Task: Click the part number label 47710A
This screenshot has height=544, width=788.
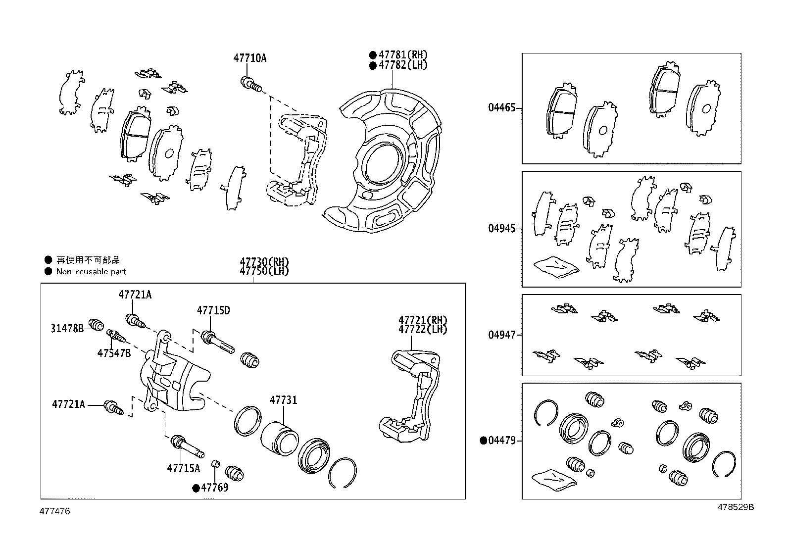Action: (249, 58)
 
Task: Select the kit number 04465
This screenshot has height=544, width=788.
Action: (501, 108)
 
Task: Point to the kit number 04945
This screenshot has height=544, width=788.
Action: (501, 229)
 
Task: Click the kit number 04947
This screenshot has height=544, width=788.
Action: (501, 335)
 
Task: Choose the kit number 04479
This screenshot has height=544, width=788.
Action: (501, 441)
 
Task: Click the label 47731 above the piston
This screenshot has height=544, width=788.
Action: (283, 400)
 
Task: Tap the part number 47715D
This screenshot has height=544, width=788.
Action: (213, 311)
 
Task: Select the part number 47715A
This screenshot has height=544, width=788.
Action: (183, 468)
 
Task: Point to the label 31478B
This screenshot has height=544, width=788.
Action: (67, 328)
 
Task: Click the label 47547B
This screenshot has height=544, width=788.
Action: (114, 353)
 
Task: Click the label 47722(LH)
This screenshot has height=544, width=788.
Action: (423, 330)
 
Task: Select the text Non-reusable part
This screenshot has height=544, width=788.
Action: (91, 272)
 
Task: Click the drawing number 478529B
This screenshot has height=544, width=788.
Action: (736, 507)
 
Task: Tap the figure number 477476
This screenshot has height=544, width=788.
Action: (55, 511)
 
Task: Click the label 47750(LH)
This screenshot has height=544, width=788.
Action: (264, 271)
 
